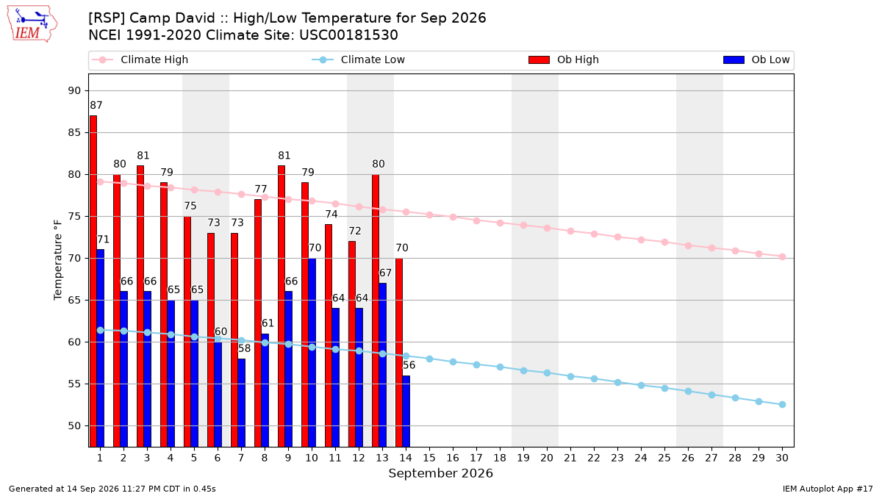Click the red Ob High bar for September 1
[x=93, y=281]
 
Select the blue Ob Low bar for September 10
[x=312, y=353]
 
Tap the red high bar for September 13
[x=376, y=311]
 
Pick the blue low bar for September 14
[x=406, y=411]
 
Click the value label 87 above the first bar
[x=96, y=106]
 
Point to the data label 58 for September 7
[x=244, y=348]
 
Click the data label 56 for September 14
[x=409, y=365]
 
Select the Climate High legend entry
[x=140, y=60]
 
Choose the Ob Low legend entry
[x=756, y=60]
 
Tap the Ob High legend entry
[x=564, y=60]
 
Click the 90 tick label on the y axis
[x=74, y=91]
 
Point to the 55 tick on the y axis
[x=74, y=384]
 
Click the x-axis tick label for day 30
[x=782, y=458]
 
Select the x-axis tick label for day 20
[x=547, y=458]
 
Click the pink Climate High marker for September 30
[x=782, y=257]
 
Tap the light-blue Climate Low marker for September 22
[x=594, y=379]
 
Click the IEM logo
[x=32, y=24]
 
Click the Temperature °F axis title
[x=58, y=260]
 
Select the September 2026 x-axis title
[x=440, y=473]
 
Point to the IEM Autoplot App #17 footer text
[x=828, y=489]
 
